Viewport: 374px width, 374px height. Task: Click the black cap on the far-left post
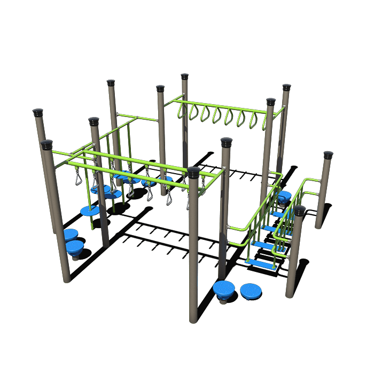click(38, 113)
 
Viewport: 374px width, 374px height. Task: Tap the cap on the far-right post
click(328, 155)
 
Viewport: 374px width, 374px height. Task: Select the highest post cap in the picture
click(185, 76)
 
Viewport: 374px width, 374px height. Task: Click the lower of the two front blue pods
click(251, 291)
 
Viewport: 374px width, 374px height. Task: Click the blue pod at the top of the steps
click(284, 196)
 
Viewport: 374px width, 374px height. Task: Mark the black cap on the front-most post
click(193, 172)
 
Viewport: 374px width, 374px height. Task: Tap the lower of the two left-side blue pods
click(75, 246)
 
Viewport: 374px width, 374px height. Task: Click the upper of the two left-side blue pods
click(70, 234)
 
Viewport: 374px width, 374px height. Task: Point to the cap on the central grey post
click(227, 142)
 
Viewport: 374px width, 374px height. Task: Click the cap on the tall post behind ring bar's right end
click(286, 87)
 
